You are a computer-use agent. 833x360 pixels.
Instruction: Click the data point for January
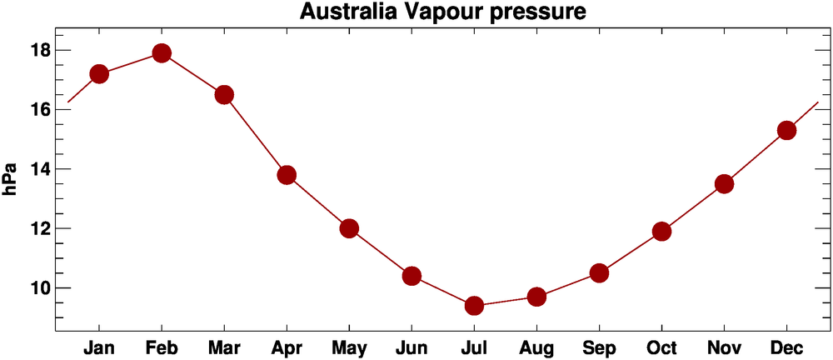(x=99, y=74)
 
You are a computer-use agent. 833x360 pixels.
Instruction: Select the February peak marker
(x=162, y=53)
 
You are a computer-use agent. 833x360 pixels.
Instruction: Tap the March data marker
(x=224, y=95)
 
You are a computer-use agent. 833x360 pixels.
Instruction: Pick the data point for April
(x=287, y=175)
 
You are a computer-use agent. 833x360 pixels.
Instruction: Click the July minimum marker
(x=474, y=306)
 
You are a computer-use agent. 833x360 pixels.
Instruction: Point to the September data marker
(x=599, y=273)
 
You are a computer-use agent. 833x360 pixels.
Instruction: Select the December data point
(x=786, y=131)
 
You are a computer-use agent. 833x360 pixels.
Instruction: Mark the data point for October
(x=661, y=232)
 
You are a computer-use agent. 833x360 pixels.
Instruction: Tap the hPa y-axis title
(x=12, y=178)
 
